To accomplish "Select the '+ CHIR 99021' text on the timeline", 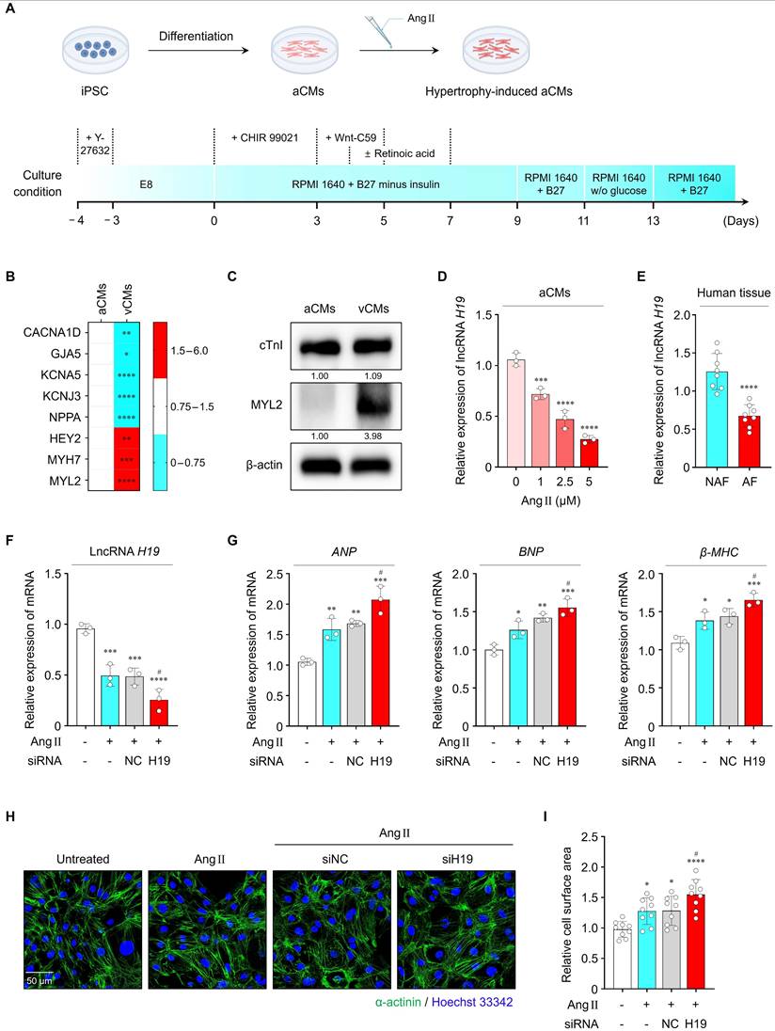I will click(264, 137).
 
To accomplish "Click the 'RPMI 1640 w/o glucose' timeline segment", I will click(617, 182).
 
